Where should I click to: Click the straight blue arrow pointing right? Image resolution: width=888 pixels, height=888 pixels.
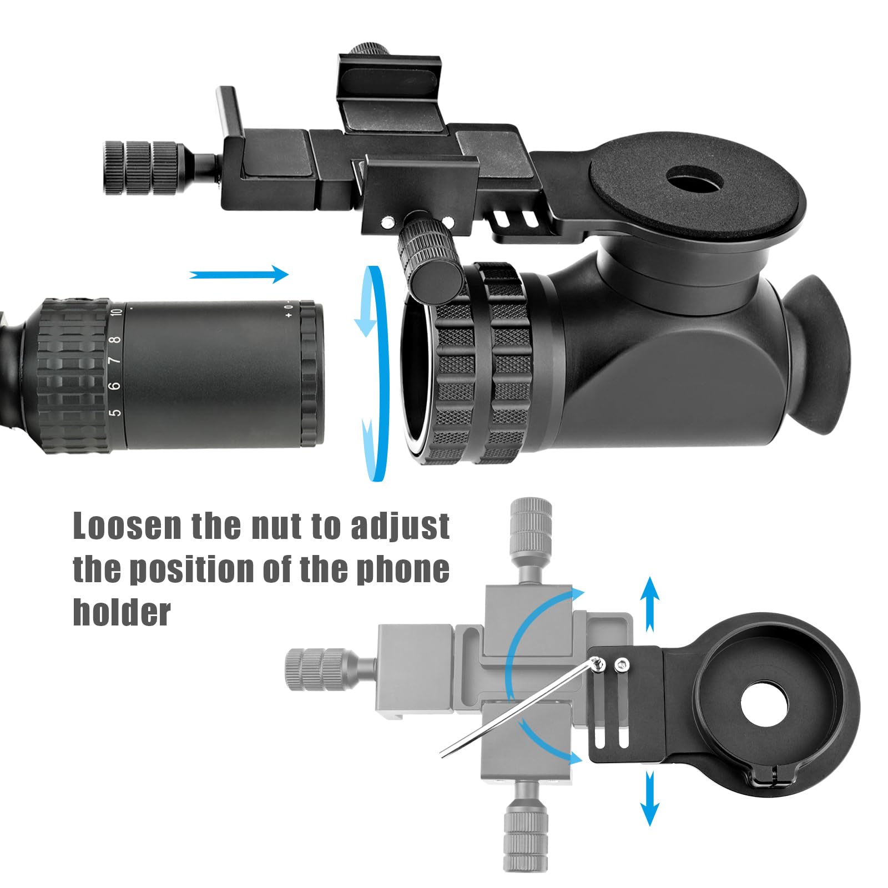[x=239, y=274]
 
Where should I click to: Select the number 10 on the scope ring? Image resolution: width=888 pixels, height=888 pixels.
[x=116, y=311]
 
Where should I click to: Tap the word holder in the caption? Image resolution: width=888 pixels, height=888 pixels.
[x=122, y=612]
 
